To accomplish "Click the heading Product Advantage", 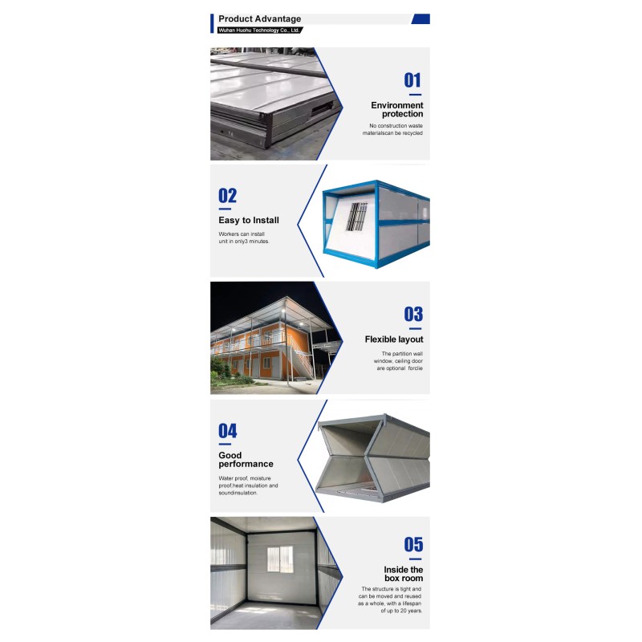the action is click(259, 18).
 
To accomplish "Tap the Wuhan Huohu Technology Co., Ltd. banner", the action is click(259, 30).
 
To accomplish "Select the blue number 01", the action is click(412, 80).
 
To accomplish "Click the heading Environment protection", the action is click(396, 109).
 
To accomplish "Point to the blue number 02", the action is click(228, 196).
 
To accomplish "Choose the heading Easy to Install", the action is click(249, 220).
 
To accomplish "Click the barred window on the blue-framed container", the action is click(356, 217).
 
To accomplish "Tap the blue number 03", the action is click(413, 314).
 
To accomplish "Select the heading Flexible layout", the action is click(394, 339).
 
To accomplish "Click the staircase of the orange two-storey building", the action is click(301, 357).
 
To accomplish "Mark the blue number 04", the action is click(228, 431).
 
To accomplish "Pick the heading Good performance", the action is click(246, 459).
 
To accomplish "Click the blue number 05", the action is click(413, 545).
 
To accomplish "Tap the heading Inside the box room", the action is click(404, 574).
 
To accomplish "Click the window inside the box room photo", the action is click(280, 559).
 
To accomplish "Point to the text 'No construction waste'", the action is click(396, 126).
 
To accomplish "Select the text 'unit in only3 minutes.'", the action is click(244, 242).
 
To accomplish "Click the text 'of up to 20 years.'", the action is click(401, 611).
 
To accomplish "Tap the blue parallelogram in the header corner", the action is click(421, 18).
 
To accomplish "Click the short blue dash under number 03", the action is click(415, 328).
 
